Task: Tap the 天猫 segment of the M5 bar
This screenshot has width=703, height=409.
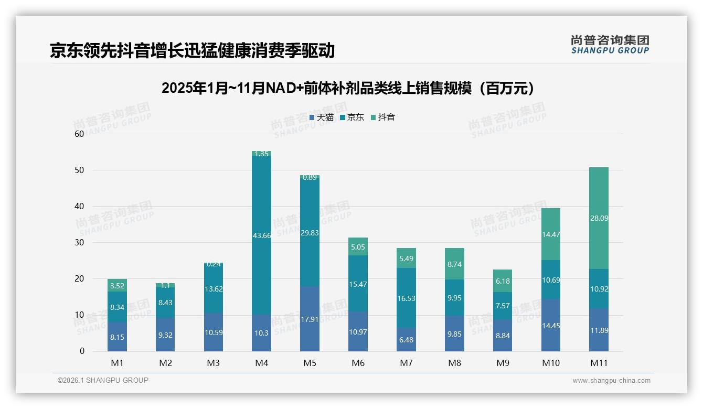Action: point(310,319)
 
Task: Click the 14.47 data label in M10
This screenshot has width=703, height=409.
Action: point(551,234)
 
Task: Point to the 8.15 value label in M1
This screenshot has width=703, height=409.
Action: point(117,337)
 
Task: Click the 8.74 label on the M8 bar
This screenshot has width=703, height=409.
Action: point(454,265)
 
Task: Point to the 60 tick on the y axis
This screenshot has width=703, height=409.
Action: point(79,134)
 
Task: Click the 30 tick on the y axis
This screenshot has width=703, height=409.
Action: point(79,242)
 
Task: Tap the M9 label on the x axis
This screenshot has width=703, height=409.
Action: point(503,363)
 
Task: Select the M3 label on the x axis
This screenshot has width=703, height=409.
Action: point(214,363)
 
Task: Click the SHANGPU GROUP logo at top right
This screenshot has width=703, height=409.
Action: point(610,45)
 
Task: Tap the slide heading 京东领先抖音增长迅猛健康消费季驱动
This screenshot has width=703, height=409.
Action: point(192,50)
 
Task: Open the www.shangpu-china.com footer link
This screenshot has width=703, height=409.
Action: point(611,381)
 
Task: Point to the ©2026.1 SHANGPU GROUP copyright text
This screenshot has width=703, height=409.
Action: point(103,380)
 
